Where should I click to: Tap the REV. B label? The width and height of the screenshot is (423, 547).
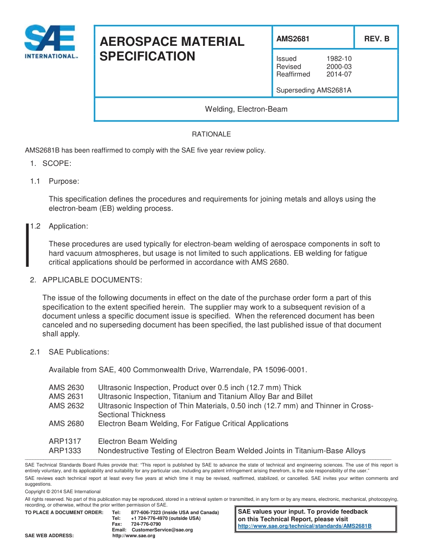click(x=376, y=39)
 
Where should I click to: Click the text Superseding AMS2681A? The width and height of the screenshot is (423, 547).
click(x=313, y=90)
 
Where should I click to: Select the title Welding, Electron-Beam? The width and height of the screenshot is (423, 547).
click(x=246, y=109)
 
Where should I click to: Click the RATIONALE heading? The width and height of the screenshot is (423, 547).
click(x=211, y=134)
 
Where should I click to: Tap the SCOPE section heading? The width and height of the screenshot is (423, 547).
click(x=57, y=163)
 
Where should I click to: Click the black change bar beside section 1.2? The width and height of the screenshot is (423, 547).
click(x=28, y=245)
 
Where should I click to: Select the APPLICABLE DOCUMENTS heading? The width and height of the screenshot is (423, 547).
click(x=92, y=280)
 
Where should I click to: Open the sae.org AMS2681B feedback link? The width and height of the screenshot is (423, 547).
click(x=305, y=526)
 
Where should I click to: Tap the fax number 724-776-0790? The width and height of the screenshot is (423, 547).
click(x=146, y=524)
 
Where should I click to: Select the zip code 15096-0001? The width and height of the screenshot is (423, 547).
click(x=285, y=370)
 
